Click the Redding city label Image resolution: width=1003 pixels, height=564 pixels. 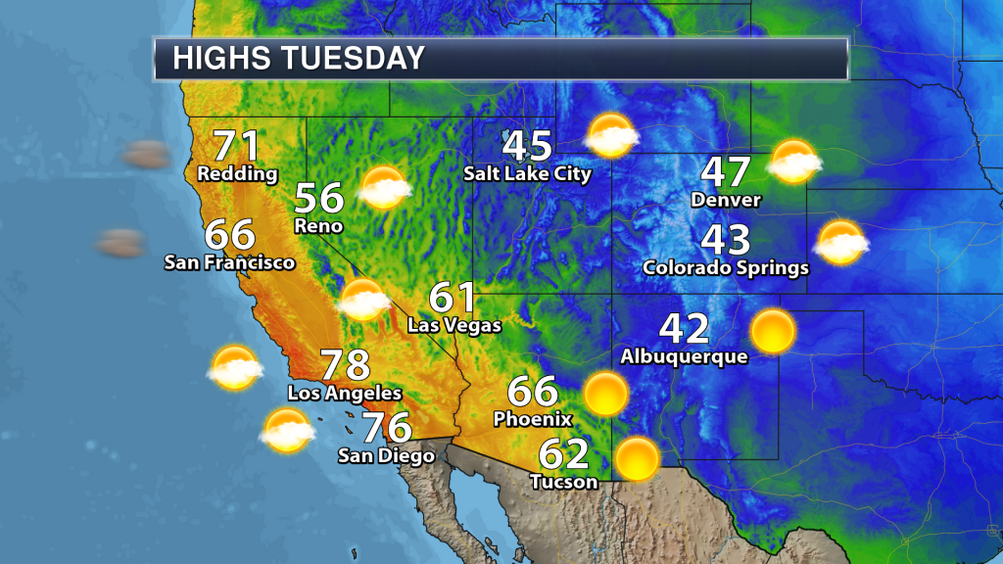(237, 174)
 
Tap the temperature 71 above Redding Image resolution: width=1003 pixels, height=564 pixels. (237, 146)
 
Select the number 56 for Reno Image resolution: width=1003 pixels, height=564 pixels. (319, 199)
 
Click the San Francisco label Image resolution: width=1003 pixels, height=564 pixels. (229, 262)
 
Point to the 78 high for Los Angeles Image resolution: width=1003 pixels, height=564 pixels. (345, 365)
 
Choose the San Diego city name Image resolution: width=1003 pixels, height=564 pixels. (386, 455)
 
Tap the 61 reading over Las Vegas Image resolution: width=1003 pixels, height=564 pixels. (454, 298)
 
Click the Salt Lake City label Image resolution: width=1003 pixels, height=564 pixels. (528, 174)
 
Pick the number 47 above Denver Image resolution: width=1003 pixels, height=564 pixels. (726, 172)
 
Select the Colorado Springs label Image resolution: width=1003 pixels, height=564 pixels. (726, 266)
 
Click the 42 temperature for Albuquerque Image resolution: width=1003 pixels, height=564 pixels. (684, 329)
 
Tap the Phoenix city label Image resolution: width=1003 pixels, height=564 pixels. (533, 419)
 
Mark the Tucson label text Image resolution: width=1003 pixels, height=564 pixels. (563, 482)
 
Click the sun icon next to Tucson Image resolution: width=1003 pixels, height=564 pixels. (638, 458)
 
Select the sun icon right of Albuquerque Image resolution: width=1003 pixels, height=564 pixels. (773, 331)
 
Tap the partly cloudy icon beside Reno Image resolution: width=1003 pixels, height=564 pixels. (384, 187)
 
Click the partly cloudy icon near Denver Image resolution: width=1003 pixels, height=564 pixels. (793, 162)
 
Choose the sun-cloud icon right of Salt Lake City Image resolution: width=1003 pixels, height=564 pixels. (611, 135)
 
